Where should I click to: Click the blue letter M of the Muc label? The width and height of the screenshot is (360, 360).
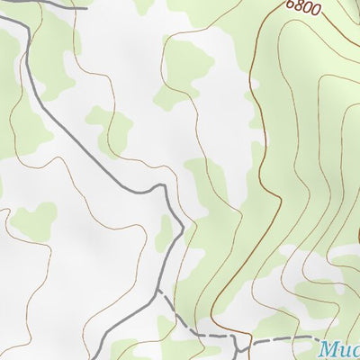pyautogui.click(x=330, y=349)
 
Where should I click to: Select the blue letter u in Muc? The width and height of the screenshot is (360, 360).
pyautogui.click(x=346, y=351)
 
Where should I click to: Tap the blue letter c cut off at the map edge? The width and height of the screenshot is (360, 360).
pyautogui.click(x=356, y=351)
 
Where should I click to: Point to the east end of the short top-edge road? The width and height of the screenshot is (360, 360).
pyautogui.click(x=87, y=7)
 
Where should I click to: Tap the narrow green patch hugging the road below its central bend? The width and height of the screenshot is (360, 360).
pyautogui.click(x=165, y=236)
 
